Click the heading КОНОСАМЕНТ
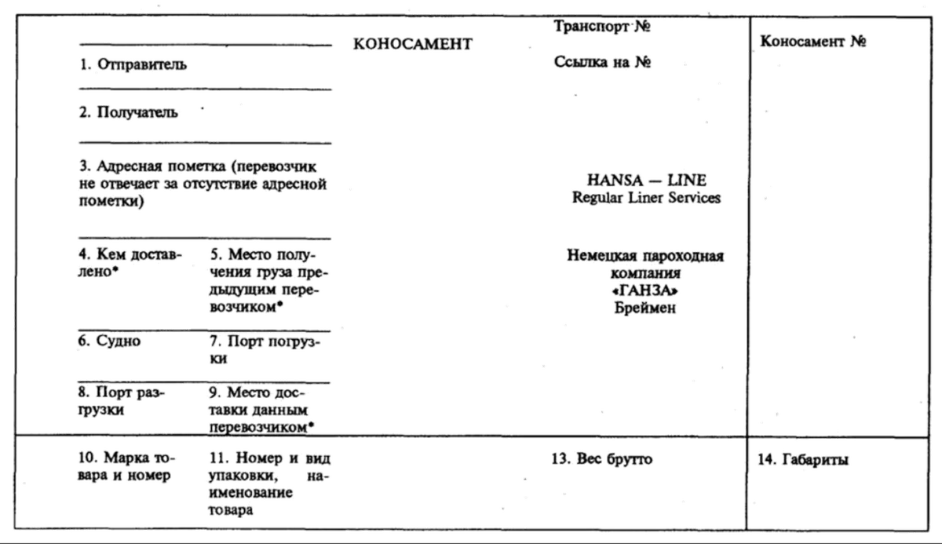(414, 45)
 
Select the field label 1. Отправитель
(133, 66)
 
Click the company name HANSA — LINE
(646, 181)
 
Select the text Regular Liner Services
(646, 198)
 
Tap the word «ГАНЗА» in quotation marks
(646, 291)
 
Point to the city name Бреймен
(646, 309)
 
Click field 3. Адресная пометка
(203, 184)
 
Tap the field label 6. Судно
(110, 341)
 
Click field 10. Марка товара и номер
(128, 466)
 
